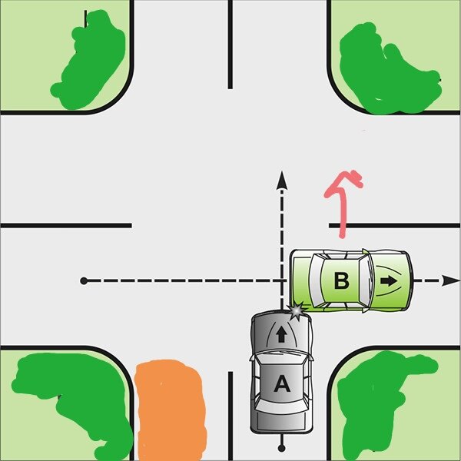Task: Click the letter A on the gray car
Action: click(x=282, y=383)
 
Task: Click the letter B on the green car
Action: click(x=342, y=280)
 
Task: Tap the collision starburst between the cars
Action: click(x=297, y=311)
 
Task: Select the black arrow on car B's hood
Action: click(x=388, y=281)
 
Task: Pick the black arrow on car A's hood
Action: click(x=282, y=335)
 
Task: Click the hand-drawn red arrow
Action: click(x=342, y=203)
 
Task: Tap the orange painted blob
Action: click(x=171, y=410)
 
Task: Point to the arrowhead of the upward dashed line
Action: click(x=282, y=181)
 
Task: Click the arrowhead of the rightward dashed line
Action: click(x=450, y=280)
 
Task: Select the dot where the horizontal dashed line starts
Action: click(x=84, y=280)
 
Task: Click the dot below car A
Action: click(x=282, y=449)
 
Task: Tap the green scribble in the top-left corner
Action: click(x=88, y=59)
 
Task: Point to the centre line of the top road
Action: click(x=230, y=45)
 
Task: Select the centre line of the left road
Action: click(x=66, y=225)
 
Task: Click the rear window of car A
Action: click(x=281, y=407)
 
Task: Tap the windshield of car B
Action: click(x=364, y=280)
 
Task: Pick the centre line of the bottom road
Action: click(x=230, y=416)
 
